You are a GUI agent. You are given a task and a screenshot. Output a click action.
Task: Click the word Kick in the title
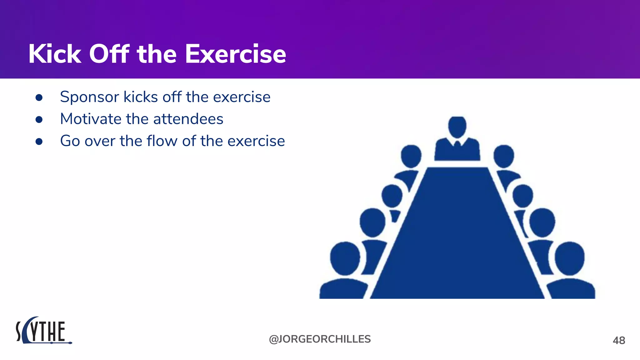(55, 54)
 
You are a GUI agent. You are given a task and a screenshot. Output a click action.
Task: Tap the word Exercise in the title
(235, 54)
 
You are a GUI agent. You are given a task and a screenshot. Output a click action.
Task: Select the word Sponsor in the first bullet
(89, 97)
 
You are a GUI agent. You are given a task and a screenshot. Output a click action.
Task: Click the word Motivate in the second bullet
(91, 119)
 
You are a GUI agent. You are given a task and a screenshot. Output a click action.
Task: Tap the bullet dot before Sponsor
(39, 98)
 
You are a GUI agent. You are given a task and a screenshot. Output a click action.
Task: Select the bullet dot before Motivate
(39, 120)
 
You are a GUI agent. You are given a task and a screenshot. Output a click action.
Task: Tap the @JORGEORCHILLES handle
(320, 339)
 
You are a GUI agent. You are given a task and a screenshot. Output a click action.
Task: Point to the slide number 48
(619, 341)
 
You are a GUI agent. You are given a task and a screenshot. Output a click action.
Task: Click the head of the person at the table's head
(457, 127)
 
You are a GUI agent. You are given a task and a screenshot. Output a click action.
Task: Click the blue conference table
(457, 237)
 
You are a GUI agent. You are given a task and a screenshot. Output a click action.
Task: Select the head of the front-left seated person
(345, 259)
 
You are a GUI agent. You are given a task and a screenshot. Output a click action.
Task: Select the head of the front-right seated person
(570, 259)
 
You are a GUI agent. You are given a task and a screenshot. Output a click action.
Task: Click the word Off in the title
(109, 54)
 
